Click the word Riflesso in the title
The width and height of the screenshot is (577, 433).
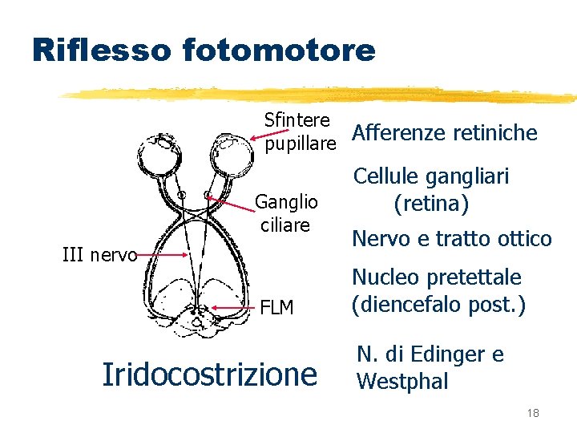pyautogui.click(x=100, y=51)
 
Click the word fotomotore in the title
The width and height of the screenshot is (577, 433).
pyautogui.click(x=279, y=51)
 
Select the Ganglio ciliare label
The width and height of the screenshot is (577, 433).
pyautogui.click(x=287, y=212)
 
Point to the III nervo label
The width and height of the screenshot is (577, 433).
pyautogui.click(x=100, y=256)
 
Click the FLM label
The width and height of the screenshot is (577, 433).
pyautogui.click(x=277, y=308)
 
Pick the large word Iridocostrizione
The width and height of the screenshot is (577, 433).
pyautogui.click(x=210, y=374)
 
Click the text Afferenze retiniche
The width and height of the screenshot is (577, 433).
pyautogui.click(x=445, y=132)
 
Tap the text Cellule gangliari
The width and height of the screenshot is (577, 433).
pyautogui.click(x=431, y=176)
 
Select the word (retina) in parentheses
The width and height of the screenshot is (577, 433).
pyautogui.click(x=431, y=204)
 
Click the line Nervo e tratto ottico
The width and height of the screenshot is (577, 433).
pyautogui.click(x=452, y=239)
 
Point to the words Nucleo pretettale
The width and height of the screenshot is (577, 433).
pyautogui.click(x=437, y=277)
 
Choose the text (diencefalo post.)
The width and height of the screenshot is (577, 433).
pyautogui.click(x=438, y=306)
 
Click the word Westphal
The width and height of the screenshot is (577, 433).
pyautogui.click(x=402, y=382)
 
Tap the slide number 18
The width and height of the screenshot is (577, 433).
pyautogui.click(x=533, y=413)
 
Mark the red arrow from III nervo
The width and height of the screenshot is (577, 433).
pyautogui.click(x=165, y=255)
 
